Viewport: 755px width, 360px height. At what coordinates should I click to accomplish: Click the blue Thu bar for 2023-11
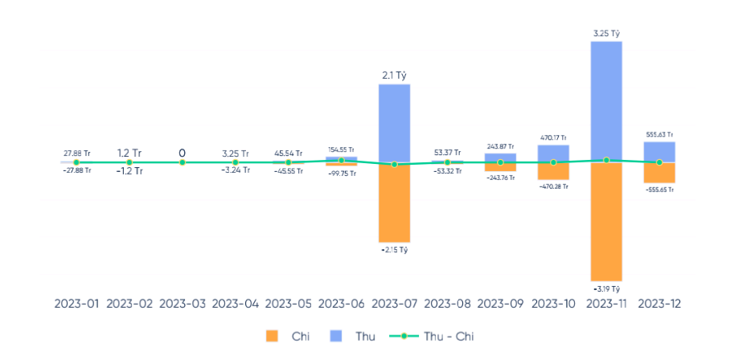[606, 100]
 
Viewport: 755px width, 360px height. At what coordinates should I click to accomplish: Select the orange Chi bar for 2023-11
[606, 221]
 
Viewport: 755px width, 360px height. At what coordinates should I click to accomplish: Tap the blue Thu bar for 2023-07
[394, 123]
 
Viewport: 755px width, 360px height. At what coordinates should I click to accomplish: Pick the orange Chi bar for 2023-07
[394, 202]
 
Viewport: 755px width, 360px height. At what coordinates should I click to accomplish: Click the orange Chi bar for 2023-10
[553, 171]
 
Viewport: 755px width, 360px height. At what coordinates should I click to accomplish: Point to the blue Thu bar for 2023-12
[659, 152]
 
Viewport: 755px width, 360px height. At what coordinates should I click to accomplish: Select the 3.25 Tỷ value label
[606, 34]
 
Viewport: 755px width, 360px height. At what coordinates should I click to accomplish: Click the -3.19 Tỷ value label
[606, 288]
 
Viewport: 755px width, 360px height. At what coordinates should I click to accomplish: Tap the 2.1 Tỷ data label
[394, 76]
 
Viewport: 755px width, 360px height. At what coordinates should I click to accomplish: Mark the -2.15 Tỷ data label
[394, 251]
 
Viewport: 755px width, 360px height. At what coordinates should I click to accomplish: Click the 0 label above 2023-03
[182, 153]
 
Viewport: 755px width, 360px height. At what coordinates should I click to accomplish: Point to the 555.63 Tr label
[659, 135]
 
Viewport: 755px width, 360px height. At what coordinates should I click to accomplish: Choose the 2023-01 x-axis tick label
[76, 305]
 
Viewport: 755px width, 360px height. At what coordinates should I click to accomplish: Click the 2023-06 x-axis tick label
[341, 305]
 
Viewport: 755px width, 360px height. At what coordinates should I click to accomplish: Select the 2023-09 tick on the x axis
[500, 305]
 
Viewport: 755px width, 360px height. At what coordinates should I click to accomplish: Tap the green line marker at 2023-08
[447, 162]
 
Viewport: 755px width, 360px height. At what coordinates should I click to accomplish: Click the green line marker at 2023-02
[129, 162]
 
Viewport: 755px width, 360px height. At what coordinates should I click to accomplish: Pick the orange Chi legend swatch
[272, 336]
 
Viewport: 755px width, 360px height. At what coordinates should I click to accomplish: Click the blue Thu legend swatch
[336, 336]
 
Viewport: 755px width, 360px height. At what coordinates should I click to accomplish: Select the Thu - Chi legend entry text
[449, 336]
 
